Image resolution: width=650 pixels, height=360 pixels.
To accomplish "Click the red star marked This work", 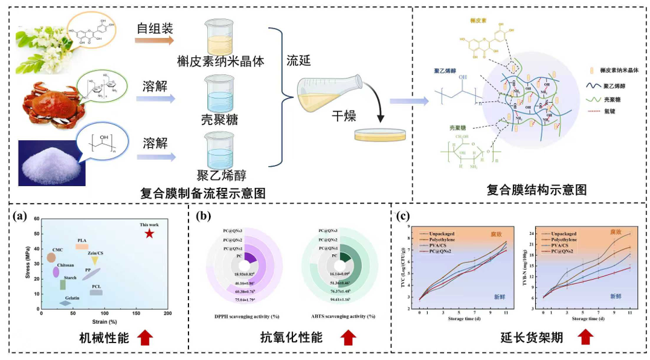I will (149, 234).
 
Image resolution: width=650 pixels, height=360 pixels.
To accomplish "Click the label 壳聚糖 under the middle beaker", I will (219, 118).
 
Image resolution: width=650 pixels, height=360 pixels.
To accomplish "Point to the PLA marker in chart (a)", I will (82, 246).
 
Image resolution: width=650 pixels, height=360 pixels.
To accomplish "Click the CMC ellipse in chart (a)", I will (51, 258).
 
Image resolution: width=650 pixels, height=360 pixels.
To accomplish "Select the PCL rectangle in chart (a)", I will (96, 292).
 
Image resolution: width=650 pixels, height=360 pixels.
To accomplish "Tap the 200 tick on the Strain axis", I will (167, 313).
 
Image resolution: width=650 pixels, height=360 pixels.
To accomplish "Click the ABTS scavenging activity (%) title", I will (341, 317).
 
